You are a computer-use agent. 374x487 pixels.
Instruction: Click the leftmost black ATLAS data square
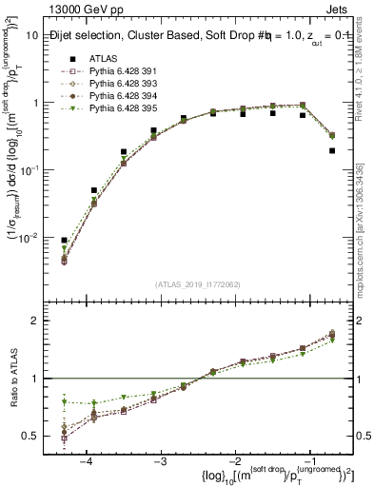65,241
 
